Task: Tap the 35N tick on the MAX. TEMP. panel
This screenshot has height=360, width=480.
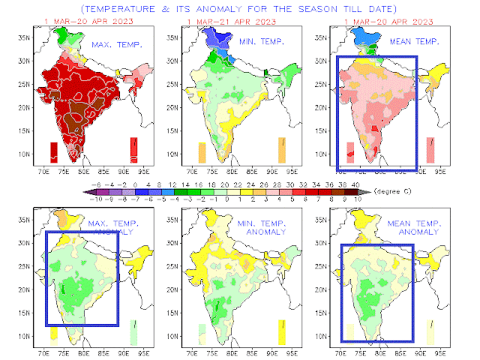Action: [x=23, y=36]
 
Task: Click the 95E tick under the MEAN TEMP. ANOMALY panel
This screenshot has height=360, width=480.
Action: [x=445, y=349]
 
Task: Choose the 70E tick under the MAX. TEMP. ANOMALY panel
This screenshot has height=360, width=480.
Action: [x=43, y=349]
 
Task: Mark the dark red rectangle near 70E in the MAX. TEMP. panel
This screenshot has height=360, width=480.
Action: [x=54, y=151]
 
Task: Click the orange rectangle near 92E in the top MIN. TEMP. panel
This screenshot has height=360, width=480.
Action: [x=282, y=149]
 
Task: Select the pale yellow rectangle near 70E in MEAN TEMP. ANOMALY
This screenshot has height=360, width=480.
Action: [x=349, y=331]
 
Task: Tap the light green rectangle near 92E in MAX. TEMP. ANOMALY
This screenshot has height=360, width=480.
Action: [x=133, y=331]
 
